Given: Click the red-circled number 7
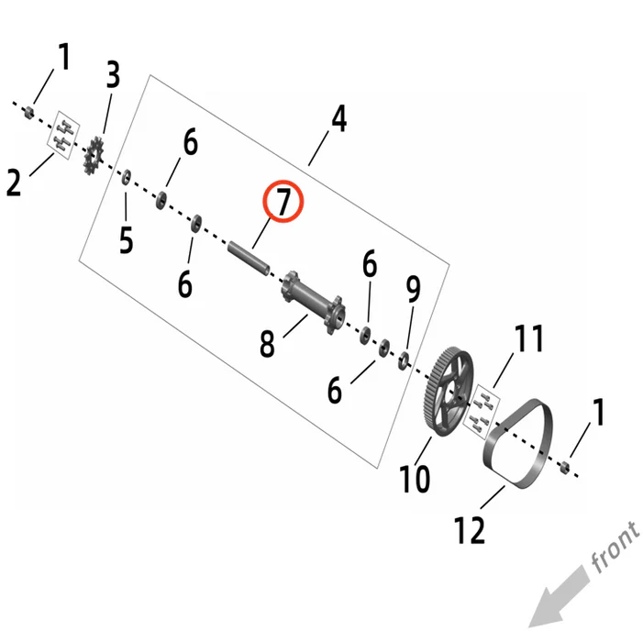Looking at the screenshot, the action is [x=283, y=201].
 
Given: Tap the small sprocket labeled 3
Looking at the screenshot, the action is [x=94, y=155].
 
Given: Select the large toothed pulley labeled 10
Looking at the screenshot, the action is [x=448, y=392].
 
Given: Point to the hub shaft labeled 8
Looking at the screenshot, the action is [x=313, y=302].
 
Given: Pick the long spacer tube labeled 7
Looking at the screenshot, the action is [x=249, y=259].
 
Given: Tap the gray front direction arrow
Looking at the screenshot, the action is [x=560, y=596].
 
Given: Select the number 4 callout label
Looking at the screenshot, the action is [x=339, y=118].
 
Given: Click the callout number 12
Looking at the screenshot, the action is [x=470, y=529].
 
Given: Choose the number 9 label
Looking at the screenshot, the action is [x=413, y=289].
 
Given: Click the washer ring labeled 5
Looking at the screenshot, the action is [x=127, y=177].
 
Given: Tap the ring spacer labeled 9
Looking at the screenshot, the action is [x=404, y=360].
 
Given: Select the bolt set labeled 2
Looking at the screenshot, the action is [x=64, y=135].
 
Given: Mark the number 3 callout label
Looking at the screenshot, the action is [x=113, y=74].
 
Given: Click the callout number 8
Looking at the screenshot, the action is [x=267, y=343].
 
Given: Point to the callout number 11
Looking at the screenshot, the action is [x=529, y=338].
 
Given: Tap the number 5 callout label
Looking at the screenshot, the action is [x=127, y=239].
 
